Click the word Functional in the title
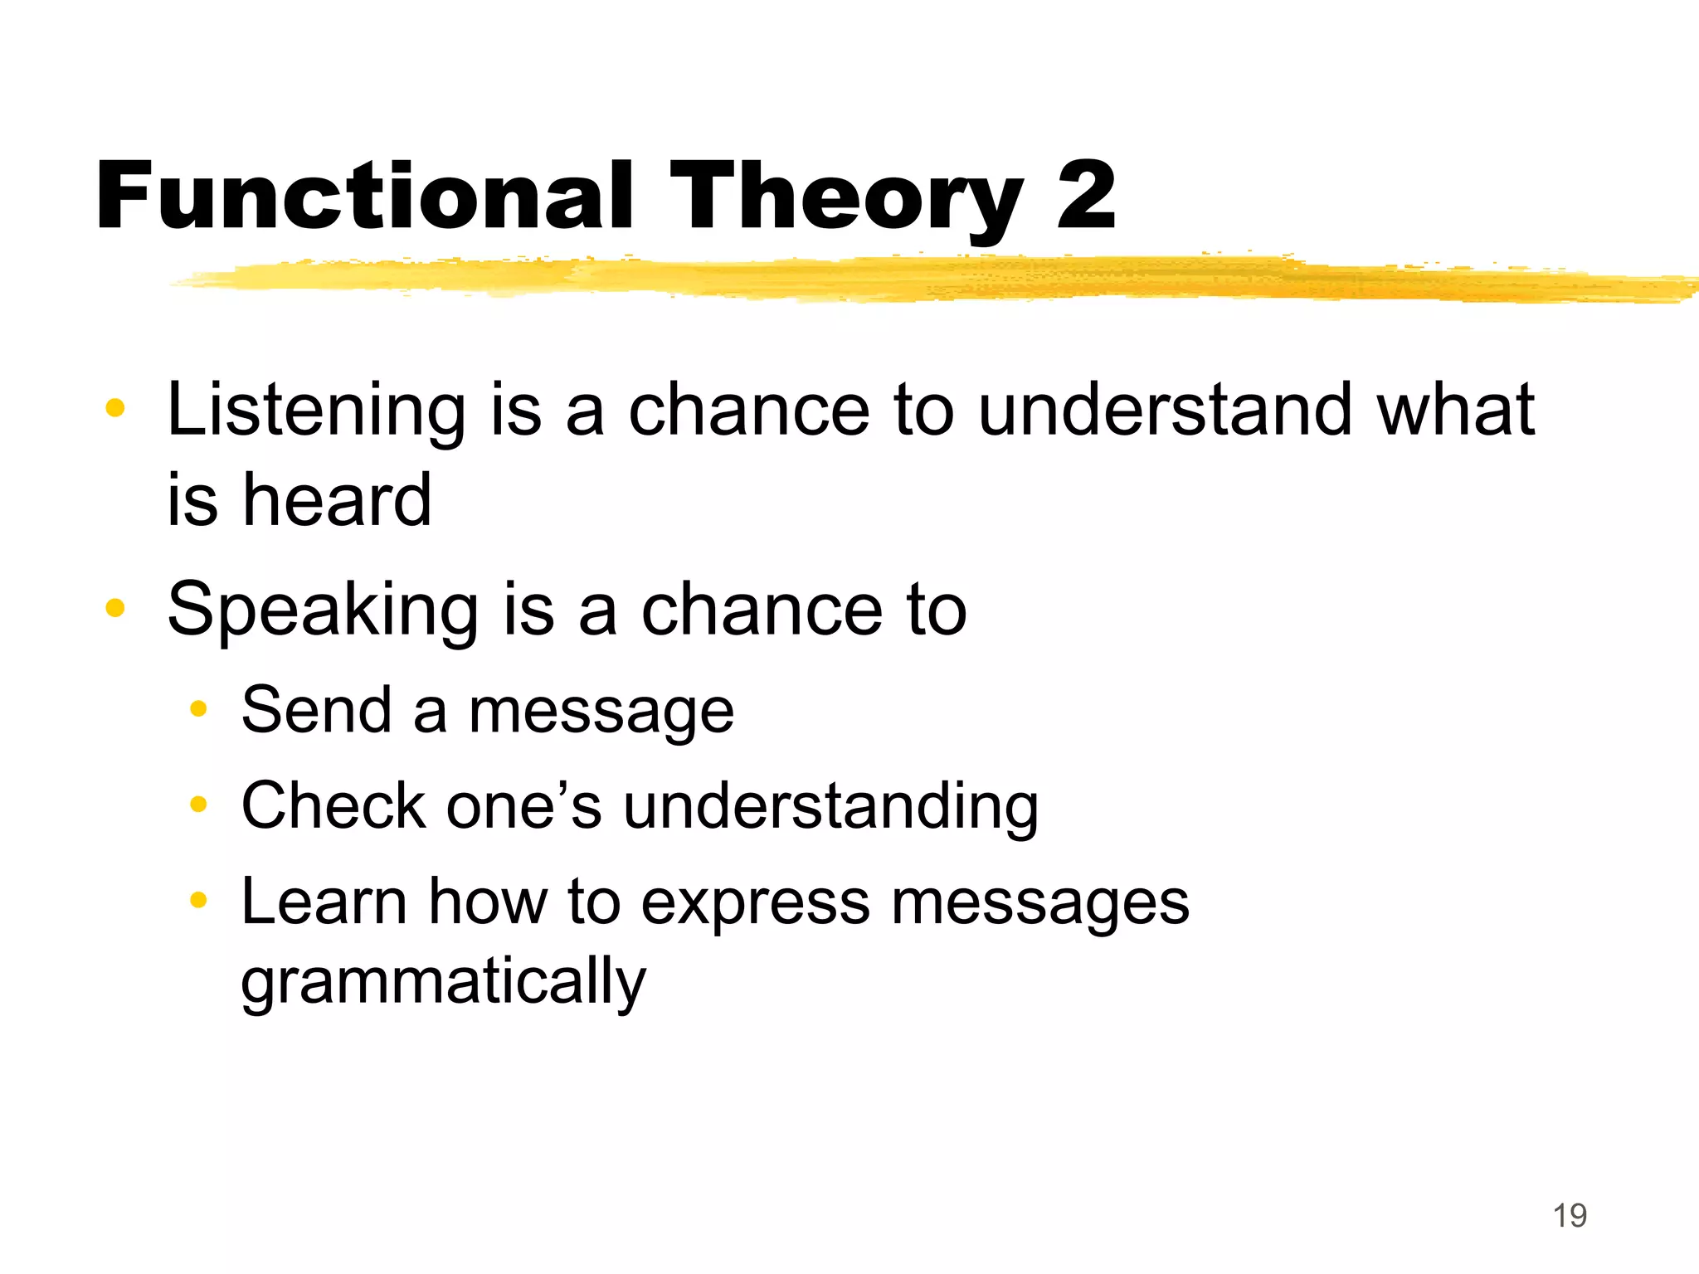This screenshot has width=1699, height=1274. click(365, 197)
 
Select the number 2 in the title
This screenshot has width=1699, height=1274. click(1086, 197)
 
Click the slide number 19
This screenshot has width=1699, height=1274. click(1570, 1216)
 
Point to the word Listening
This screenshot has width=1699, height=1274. click(316, 411)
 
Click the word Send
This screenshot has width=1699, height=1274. click(316, 710)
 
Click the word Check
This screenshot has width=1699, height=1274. click(333, 805)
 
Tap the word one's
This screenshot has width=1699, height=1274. click(523, 807)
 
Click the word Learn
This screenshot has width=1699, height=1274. click(324, 902)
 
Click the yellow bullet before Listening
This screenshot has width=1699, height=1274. click(115, 408)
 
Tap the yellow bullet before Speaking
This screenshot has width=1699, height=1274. click(115, 608)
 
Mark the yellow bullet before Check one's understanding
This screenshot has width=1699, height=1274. click(197, 804)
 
